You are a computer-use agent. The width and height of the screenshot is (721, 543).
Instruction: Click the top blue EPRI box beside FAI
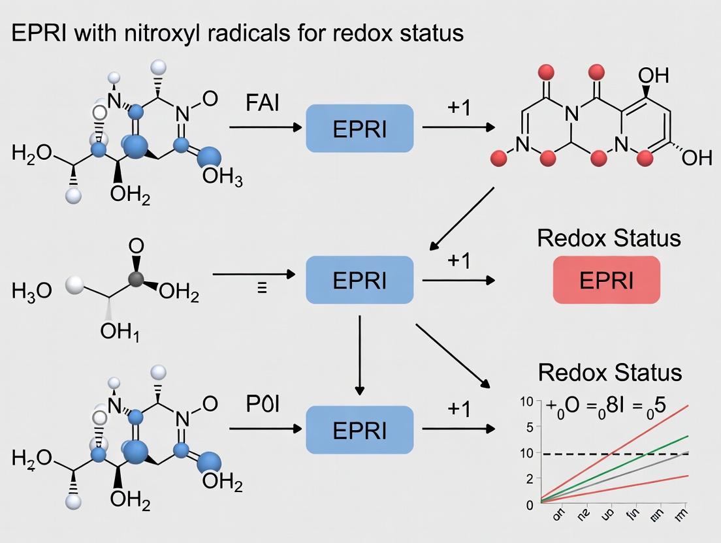359,129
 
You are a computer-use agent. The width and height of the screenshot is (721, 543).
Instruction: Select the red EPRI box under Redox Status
606,280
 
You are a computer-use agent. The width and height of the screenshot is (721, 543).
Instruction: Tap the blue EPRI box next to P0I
359,429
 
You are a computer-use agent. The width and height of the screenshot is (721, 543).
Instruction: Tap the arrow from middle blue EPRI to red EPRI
457,280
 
